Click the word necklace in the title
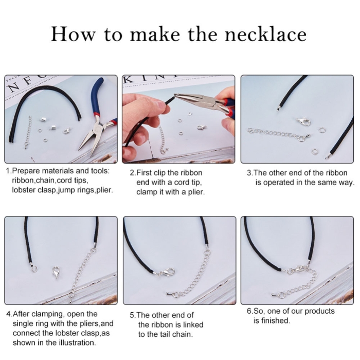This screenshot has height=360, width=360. coord(265,34)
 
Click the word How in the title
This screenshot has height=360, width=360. coord(73,34)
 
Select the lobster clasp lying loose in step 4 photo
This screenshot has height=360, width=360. coord(56,272)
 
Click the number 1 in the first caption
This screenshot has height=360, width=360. coord(8,171)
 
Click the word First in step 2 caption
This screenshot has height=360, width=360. coord(145,173)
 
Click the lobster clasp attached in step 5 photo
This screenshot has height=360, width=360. coord(166,273)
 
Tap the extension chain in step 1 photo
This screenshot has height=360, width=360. coord(28,132)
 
